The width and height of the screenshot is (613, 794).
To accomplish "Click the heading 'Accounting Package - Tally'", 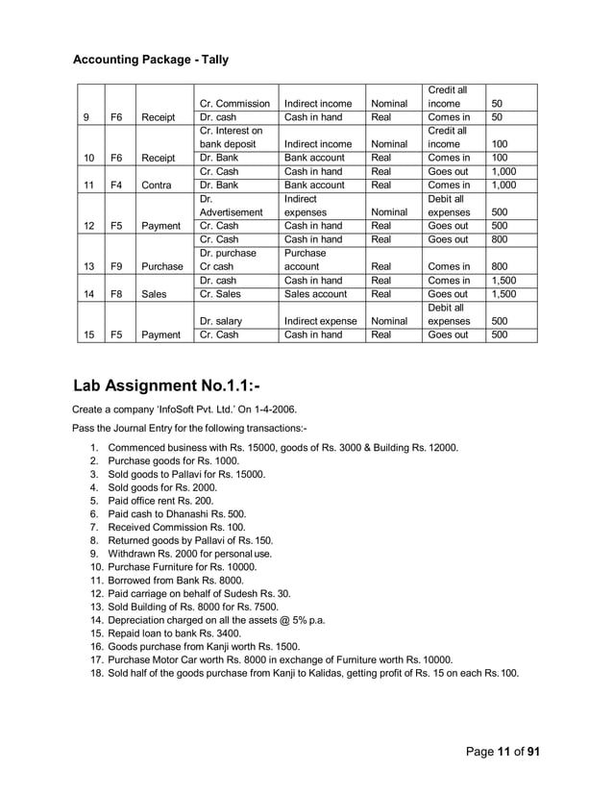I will [151, 60].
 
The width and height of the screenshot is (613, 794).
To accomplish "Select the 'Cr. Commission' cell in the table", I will [232, 103].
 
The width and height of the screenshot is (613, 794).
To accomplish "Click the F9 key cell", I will [116, 266].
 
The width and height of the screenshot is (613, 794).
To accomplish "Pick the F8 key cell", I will [116, 294].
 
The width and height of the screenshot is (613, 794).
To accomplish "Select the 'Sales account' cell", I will [314, 294].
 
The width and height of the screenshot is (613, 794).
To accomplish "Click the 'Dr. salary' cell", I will [220, 321].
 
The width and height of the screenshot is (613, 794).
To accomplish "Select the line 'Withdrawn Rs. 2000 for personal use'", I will [190, 554].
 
